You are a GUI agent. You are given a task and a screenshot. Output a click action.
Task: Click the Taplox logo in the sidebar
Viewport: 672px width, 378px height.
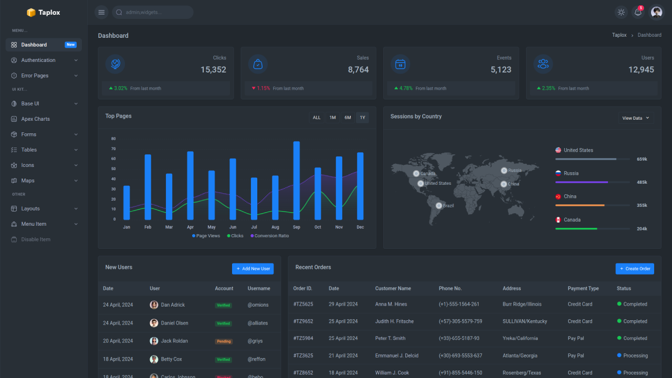(x=44, y=13)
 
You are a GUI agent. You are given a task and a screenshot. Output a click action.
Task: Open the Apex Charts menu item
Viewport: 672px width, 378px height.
(x=35, y=119)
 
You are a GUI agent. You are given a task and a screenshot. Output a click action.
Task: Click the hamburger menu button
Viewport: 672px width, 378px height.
(x=101, y=13)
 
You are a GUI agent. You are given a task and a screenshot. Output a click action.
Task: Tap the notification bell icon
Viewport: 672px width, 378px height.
(x=638, y=13)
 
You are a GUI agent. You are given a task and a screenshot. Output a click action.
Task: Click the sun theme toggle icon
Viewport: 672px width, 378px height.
(x=621, y=13)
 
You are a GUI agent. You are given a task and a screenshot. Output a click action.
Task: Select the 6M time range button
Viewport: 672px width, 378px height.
(x=348, y=118)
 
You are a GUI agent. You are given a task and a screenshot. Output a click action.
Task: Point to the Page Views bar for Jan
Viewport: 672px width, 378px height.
(x=127, y=203)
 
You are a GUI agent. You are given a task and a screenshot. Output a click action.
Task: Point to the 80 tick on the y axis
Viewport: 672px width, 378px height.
(x=113, y=139)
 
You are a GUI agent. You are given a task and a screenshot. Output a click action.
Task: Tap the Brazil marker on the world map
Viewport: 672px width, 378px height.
(x=439, y=206)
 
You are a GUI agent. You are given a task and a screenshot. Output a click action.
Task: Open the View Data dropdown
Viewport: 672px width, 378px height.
(x=635, y=118)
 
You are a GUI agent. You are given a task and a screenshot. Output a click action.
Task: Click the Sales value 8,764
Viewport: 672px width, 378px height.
(x=358, y=70)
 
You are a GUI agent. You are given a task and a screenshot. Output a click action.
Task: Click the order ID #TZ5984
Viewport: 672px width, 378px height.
(x=303, y=338)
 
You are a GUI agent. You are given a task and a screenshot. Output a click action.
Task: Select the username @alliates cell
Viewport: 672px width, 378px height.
(x=258, y=323)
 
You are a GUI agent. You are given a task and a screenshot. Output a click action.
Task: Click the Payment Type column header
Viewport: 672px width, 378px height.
(x=583, y=288)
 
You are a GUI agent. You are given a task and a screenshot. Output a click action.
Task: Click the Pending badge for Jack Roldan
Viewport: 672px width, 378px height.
(x=224, y=341)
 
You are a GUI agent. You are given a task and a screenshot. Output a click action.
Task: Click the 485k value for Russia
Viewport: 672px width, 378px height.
(x=642, y=182)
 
